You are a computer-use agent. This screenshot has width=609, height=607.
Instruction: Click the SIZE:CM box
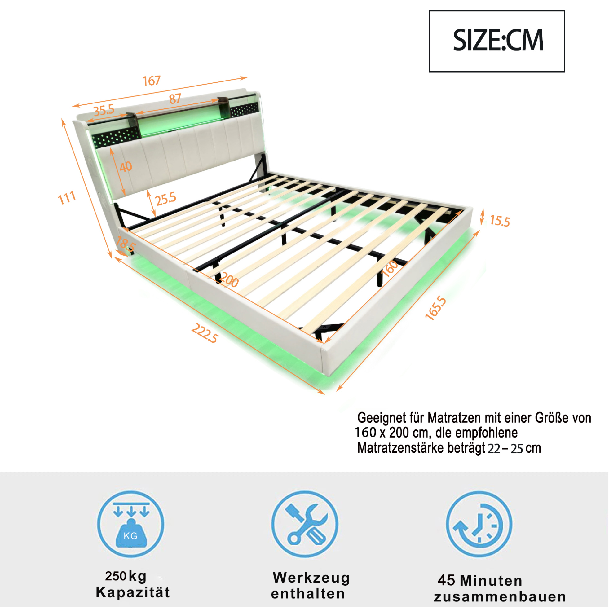point(497,41)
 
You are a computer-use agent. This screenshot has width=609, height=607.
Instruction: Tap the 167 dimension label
point(152,81)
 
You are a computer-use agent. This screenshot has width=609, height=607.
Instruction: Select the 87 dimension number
point(175,99)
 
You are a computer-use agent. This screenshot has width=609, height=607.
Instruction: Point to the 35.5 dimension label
point(104,110)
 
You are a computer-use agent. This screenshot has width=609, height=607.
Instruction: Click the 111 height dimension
point(67,198)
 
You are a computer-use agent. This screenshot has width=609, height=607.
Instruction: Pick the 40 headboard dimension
point(126,167)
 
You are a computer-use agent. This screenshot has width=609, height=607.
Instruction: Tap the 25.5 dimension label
point(166,199)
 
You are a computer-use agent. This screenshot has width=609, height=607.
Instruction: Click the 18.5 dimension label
point(126,244)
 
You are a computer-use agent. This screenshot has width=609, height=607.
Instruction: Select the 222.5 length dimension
point(205,333)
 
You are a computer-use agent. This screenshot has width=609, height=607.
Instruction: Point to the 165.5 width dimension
point(436,308)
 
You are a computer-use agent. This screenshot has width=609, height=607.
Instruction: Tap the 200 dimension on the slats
point(229,280)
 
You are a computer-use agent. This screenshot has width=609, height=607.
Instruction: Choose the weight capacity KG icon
point(130,524)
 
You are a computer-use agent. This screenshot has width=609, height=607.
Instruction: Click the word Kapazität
point(133,592)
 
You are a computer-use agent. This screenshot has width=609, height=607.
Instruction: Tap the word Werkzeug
point(312,578)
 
